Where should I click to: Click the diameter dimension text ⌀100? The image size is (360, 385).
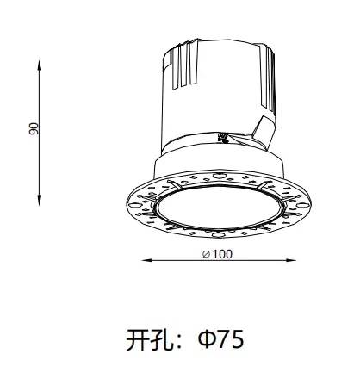[x=218, y=253]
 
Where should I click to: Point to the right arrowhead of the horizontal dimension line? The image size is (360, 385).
[x=293, y=259]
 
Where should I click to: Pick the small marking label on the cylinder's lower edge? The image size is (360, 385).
[x=221, y=135]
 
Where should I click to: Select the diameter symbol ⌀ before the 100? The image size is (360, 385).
[x=204, y=253]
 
